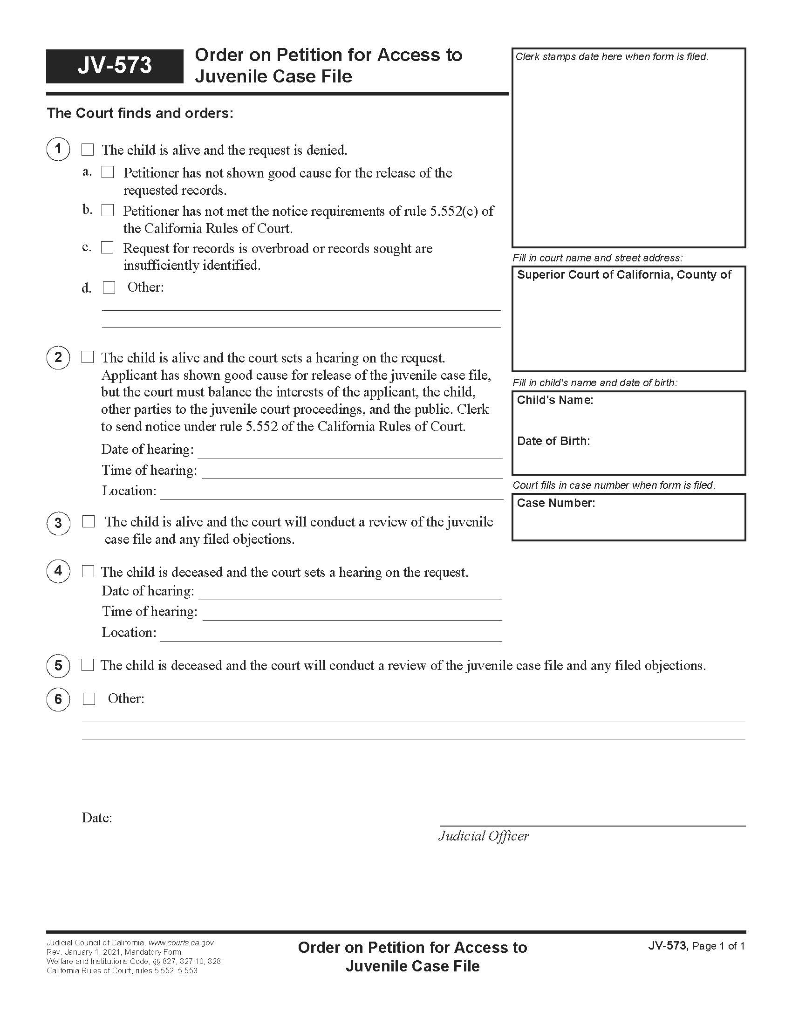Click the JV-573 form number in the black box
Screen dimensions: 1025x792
(x=115, y=66)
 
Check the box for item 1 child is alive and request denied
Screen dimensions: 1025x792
(x=88, y=150)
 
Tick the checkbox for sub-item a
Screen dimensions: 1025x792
(x=108, y=172)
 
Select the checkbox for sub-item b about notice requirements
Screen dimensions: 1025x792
(x=108, y=210)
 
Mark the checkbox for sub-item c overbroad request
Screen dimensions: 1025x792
(x=108, y=247)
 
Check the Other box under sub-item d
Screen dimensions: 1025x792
(x=109, y=287)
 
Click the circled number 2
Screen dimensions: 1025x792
(x=58, y=358)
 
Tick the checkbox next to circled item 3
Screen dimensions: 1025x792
(x=88, y=521)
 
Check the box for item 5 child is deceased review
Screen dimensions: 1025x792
(x=88, y=665)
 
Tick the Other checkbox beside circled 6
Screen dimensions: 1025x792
(x=89, y=699)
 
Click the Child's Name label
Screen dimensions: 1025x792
(x=554, y=400)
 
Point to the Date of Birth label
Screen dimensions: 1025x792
(x=553, y=441)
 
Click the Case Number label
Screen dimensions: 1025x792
(x=555, y=503)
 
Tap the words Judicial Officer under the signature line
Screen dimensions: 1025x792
(x=483, y=836)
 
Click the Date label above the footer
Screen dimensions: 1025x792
(x=96, y=818)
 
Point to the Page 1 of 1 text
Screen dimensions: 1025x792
(x=718, y=946)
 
